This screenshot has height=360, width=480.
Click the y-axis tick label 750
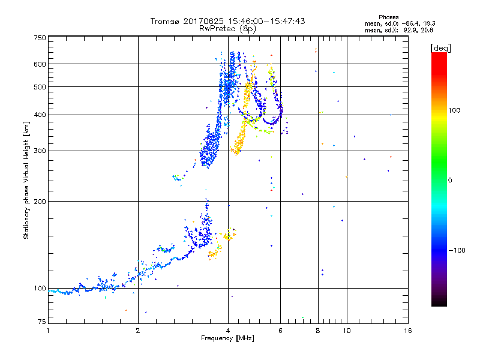(x=40, y=37)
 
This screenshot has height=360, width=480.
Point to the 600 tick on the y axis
(x=40, y=64)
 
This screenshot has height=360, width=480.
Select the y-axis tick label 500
(x=40, y=86)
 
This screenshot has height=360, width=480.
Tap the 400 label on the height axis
(x=40, y=115)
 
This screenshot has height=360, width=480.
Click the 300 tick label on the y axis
(x=40, y=151)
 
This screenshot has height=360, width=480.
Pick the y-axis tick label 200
(x=40, y=201)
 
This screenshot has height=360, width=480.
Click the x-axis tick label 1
(x=48, y=331)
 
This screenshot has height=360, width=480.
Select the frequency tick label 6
(x=280, y=331)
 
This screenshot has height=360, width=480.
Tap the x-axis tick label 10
(x=346, y=331)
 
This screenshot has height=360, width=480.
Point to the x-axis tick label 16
(x=407, y=331)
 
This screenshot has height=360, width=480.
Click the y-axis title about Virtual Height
(x=26, y=180)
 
